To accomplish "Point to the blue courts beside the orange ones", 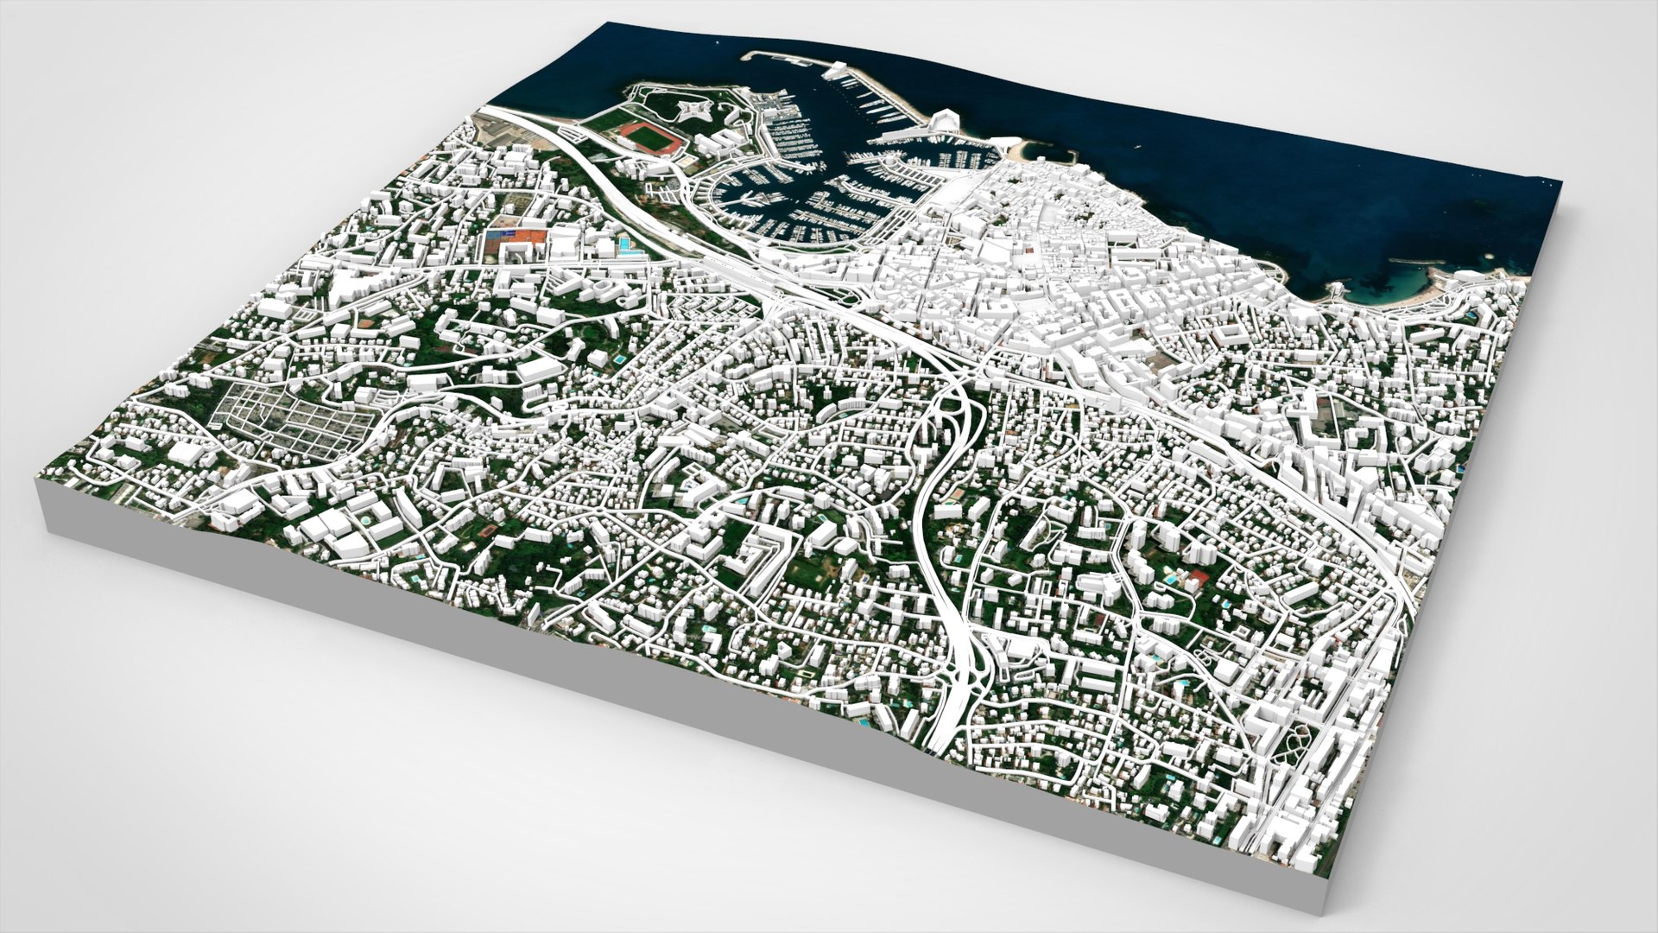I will tap(497, 234).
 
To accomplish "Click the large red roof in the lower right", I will tap(1199, 576).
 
